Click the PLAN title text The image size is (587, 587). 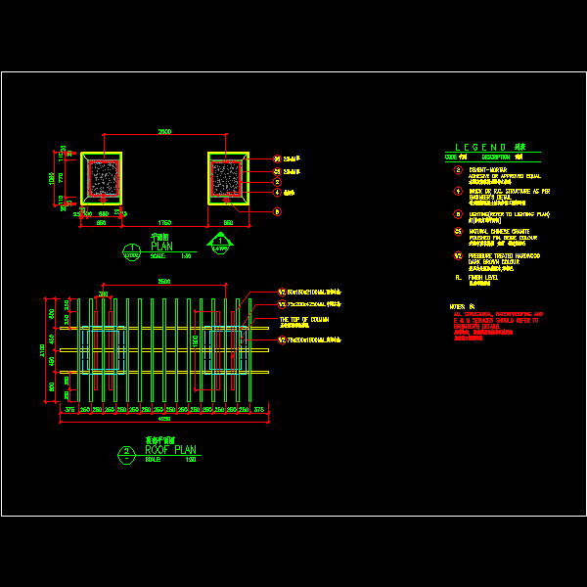[162, 247]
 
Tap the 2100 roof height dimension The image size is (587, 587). [42, 349]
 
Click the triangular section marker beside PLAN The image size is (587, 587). [221, 241]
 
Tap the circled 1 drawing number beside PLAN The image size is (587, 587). [130, 248]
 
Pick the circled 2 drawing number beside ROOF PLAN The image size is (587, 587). [127, 452]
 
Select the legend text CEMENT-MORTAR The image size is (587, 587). [488, 168]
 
